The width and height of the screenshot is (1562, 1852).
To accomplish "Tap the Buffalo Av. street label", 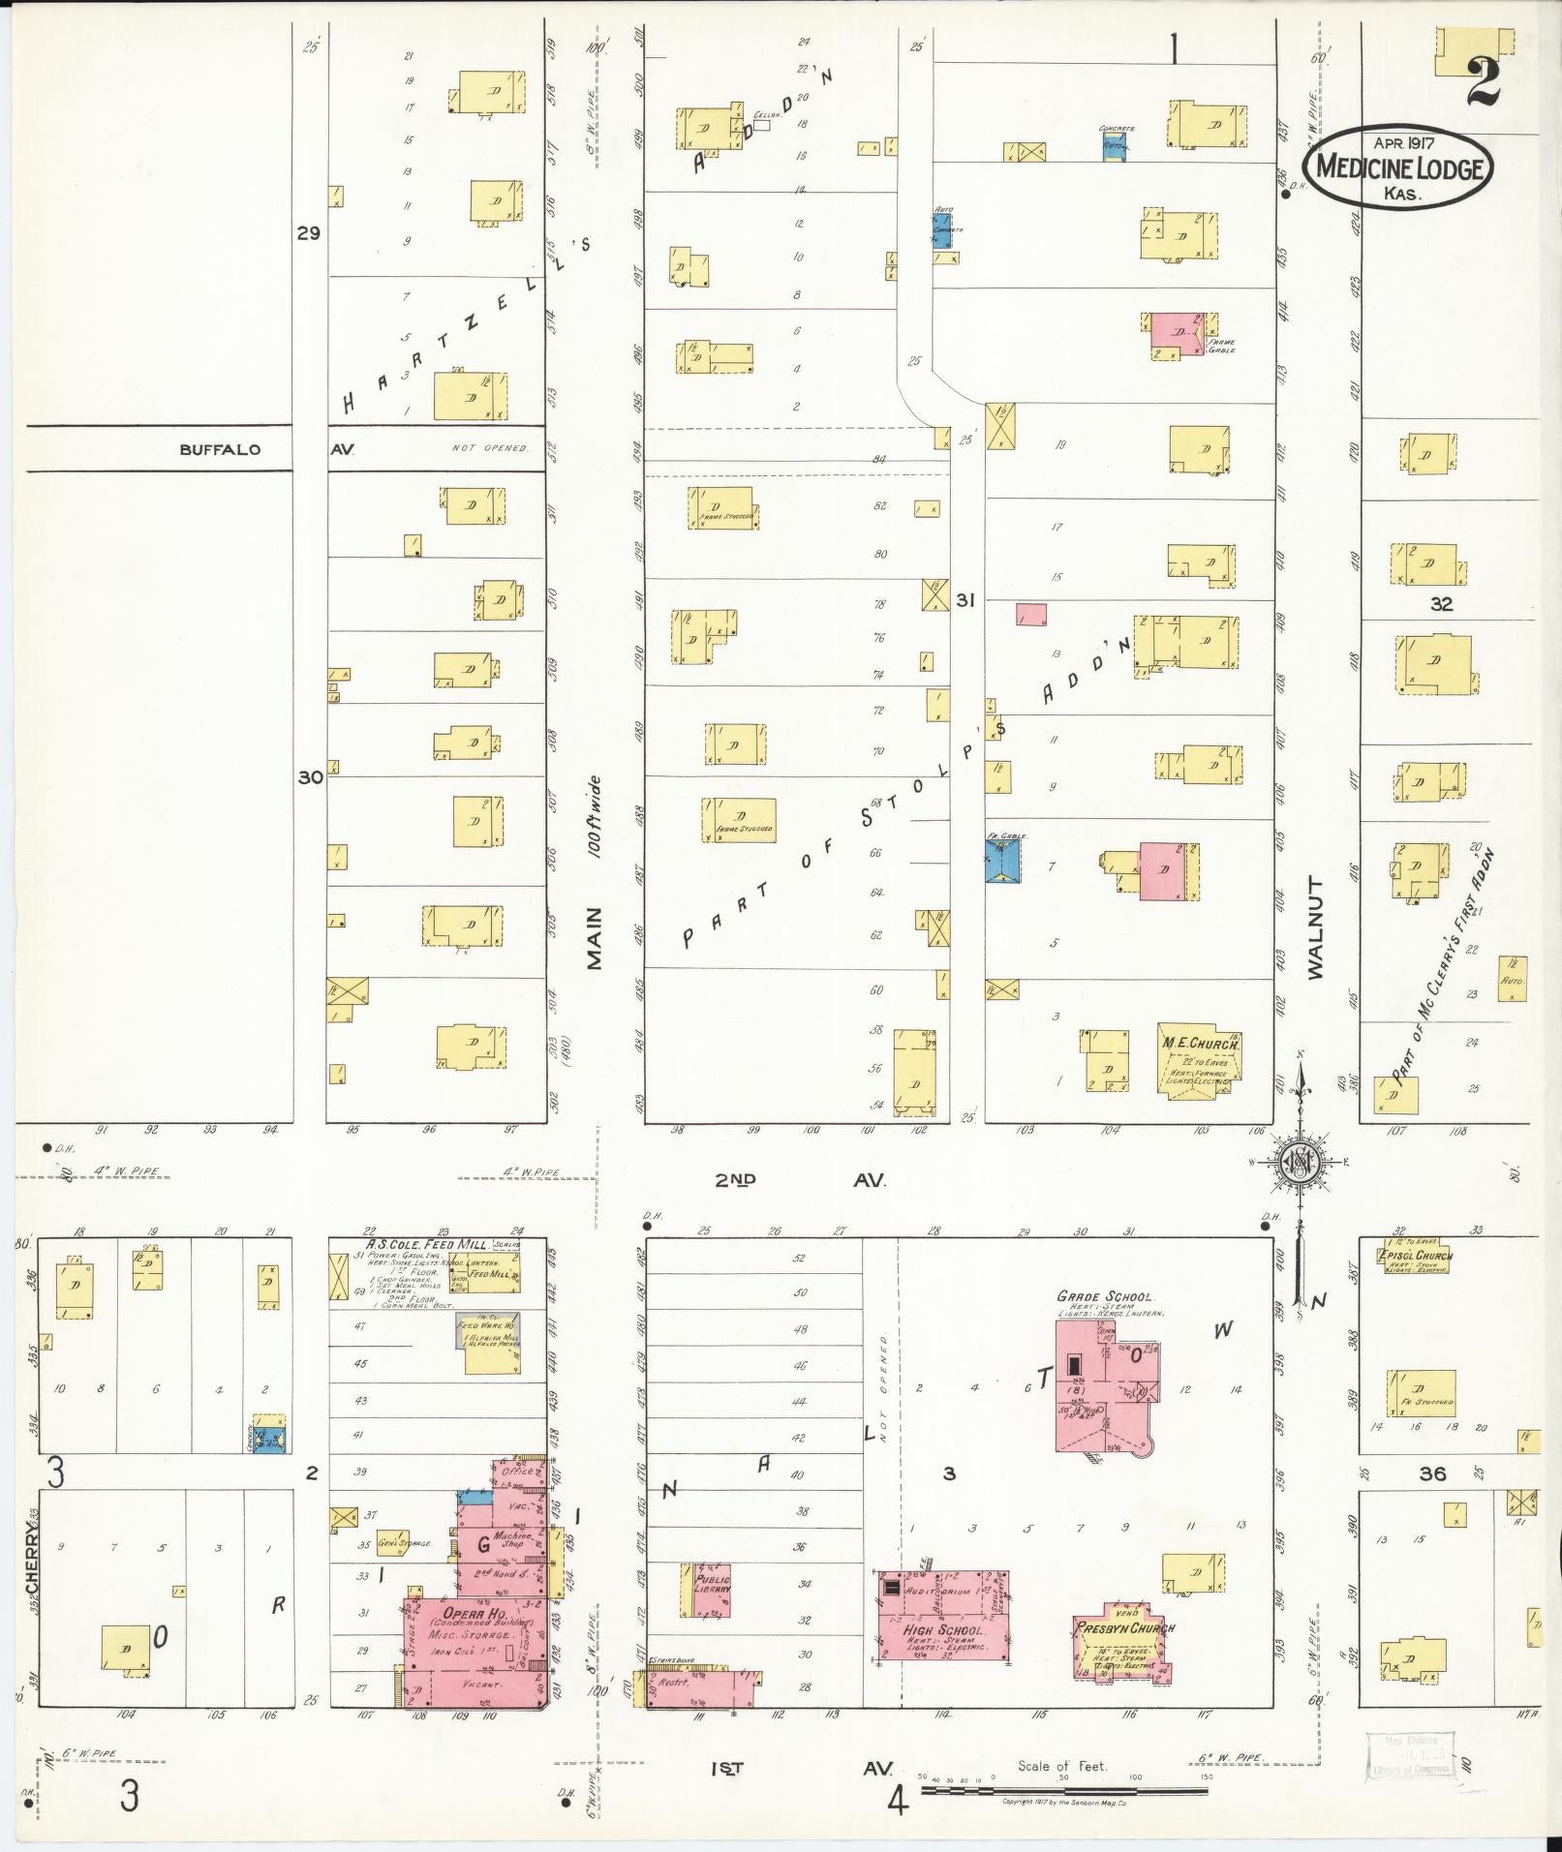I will coord(219,449).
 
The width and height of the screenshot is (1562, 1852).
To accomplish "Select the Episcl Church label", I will coord(1414,1257).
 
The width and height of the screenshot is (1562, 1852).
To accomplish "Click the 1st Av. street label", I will coord(799,1768).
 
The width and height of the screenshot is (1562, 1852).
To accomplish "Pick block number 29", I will coord(308,233).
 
